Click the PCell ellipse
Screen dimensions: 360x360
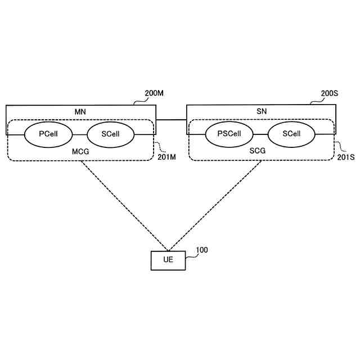[x=49, y=134]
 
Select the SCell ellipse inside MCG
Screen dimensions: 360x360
[x=111, y=134]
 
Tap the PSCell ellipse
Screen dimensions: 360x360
[x=229, y=134]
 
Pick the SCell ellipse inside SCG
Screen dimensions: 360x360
[x=291, y=134]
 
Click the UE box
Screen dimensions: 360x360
[x=168, y=260]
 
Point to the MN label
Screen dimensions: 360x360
[x=80, y=112]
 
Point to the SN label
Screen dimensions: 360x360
[x=261, y=112]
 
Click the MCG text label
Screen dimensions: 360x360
[x=80, y=152]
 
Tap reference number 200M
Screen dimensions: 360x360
[x=154, y=93]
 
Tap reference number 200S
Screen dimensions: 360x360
[x=330, y=93]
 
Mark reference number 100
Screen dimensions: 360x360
[x=201, y=249]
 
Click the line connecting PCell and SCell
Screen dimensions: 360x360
[x=80, y=134]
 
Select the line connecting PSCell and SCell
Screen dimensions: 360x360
[x=260, y=134]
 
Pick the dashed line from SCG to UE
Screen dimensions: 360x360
[x=214, y=205]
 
